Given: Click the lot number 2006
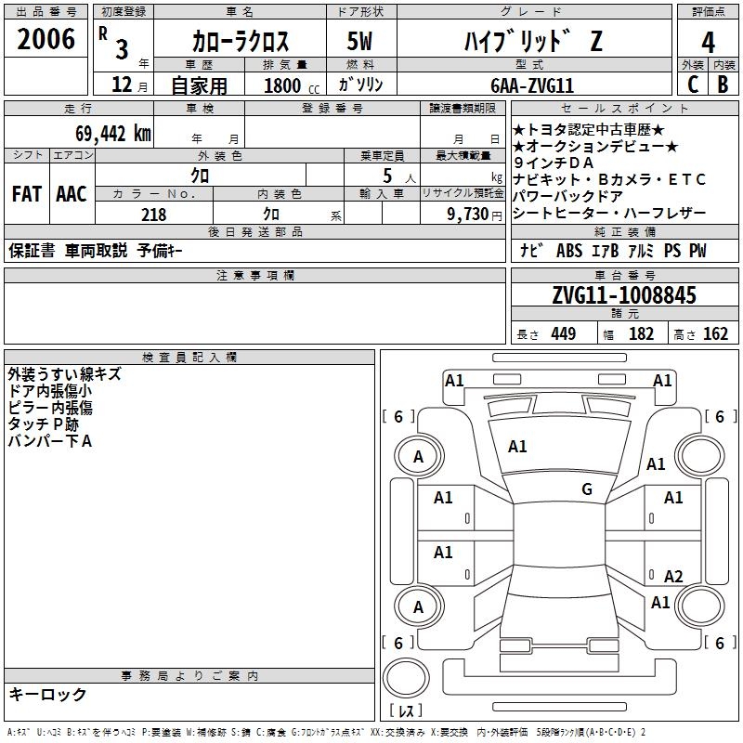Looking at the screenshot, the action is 46,39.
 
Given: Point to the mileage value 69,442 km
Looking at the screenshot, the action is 104,133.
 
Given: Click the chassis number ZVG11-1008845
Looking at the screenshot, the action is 624,295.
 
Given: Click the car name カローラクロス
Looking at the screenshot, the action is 241,42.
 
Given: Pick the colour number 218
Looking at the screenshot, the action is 154,215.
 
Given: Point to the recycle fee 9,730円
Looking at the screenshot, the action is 471,215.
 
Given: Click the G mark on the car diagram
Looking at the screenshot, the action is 587,489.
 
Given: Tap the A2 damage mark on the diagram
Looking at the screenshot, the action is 673,577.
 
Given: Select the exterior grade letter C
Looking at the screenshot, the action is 692,85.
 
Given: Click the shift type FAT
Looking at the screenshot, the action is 27,194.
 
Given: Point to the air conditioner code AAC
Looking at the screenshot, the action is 72,194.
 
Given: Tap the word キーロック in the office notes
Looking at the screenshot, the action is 47,694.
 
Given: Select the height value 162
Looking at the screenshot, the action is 715,334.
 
